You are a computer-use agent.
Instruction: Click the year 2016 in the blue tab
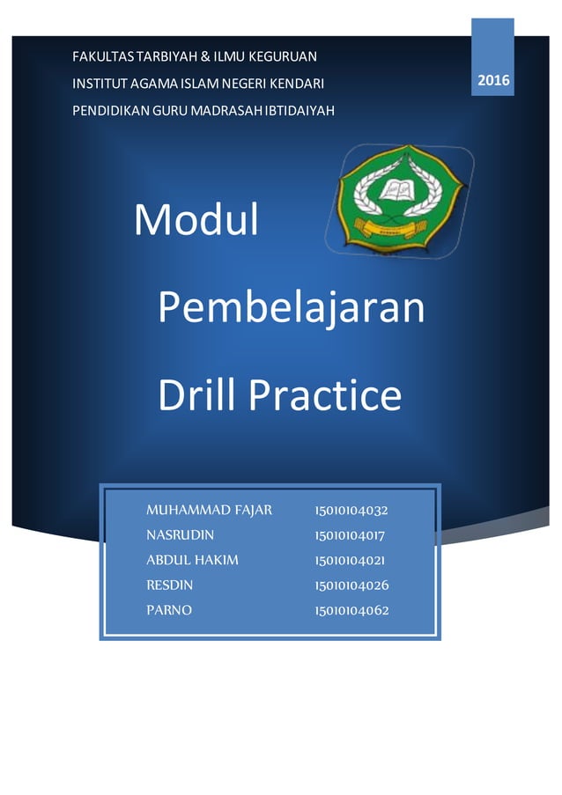(493, 81)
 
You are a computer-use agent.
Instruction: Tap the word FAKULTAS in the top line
(100, 57)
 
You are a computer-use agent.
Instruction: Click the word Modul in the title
(196, 220)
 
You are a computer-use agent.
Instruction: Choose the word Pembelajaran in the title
(291, 308)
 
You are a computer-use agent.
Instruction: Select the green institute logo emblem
(399, 198)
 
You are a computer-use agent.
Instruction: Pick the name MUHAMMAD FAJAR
(209, 510)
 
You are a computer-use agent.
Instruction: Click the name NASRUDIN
(180, 534)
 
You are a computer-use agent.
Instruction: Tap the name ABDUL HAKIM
(192, 560)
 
